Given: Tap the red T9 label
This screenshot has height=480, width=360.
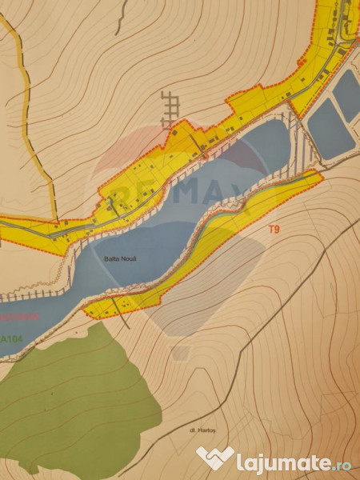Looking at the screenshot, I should coord(274,230).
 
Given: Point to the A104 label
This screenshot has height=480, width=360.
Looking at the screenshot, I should coord(11,339).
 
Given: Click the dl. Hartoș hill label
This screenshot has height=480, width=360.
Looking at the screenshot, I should coord(206,433).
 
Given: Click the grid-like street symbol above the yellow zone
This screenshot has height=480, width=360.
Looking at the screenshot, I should coord(170,108).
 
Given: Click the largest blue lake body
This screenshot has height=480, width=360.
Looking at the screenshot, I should coord(160,232).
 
